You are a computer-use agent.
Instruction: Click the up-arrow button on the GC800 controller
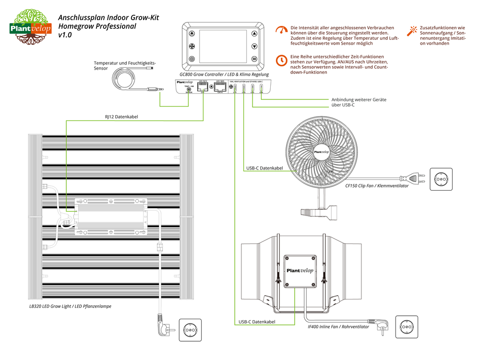tap(254, 34)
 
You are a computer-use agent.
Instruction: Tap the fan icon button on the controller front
tap(192, 47)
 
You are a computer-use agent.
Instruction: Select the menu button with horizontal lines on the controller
tap(254, 59)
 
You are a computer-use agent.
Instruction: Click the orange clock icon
tap(282, 60)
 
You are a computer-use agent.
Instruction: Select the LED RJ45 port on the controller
tap(220, 88)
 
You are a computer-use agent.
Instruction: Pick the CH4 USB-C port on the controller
tap(261, 88)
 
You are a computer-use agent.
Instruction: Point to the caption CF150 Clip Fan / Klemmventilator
tap(377, 186)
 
